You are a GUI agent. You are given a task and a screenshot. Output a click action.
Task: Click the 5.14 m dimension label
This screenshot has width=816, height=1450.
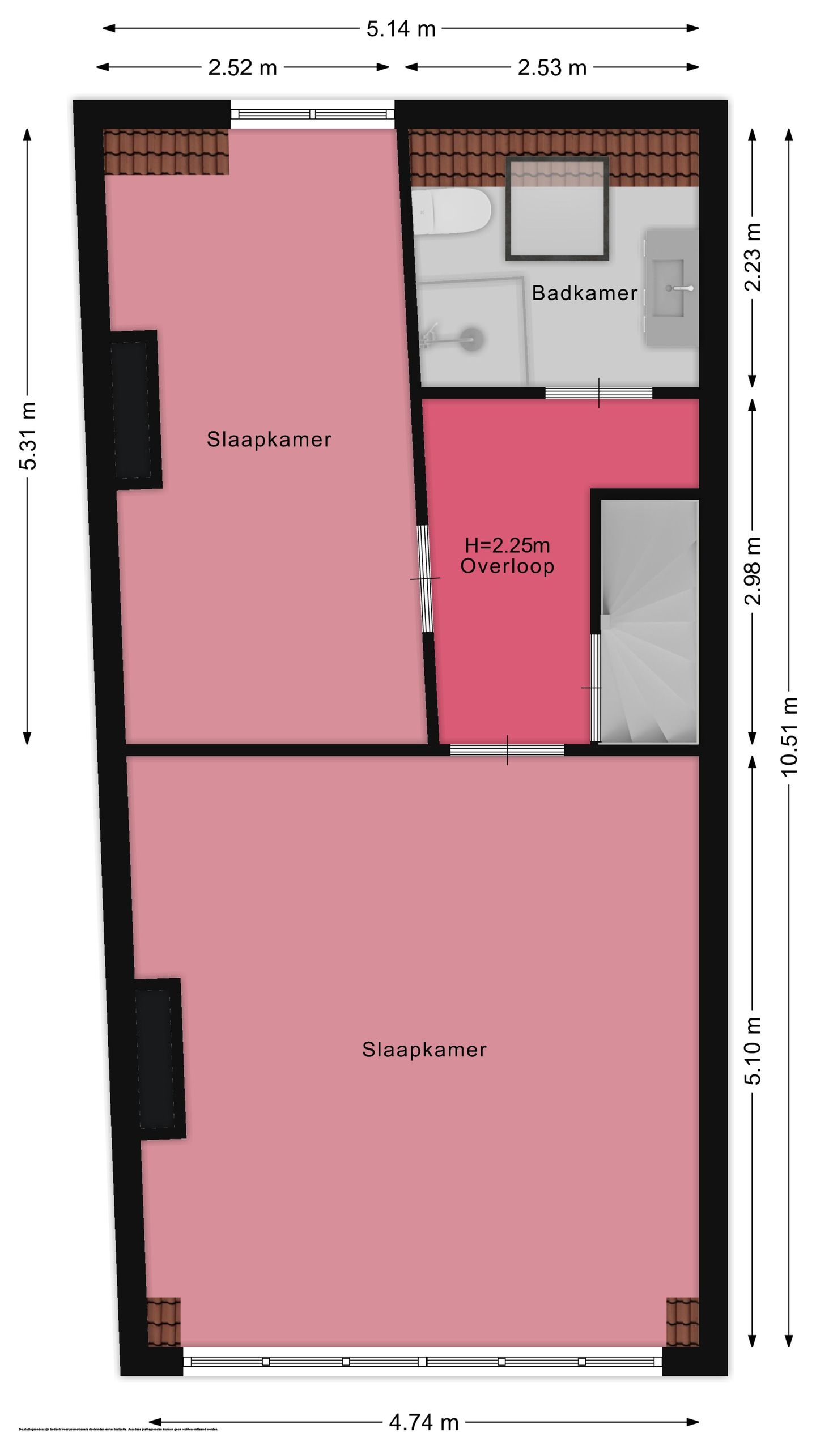(401, 29)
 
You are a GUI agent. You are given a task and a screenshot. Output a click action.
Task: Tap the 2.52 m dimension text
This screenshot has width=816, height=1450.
(242, 68)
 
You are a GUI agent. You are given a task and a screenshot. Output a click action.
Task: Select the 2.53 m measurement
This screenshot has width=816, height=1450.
(551, 68)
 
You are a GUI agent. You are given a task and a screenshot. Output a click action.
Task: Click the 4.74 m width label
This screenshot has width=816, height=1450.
(423, 1422)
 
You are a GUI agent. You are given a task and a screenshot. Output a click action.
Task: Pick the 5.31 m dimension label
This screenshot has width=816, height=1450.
(27, 436)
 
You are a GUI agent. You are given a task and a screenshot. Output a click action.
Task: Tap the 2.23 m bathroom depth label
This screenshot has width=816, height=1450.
(752, 257)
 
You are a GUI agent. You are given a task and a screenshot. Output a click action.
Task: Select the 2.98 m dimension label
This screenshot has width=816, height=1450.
(753, 570)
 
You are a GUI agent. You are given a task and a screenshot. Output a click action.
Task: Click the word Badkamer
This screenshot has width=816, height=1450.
(584, 293)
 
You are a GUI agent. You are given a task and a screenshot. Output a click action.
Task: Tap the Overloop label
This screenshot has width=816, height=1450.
(507, 566)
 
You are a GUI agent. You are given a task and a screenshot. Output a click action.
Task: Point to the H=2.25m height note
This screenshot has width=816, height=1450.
(507, 545)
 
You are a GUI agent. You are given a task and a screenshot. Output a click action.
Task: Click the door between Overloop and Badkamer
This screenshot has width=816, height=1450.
(598, 393)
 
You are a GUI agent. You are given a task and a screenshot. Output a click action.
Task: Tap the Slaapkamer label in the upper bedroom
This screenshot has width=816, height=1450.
(269, 440)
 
